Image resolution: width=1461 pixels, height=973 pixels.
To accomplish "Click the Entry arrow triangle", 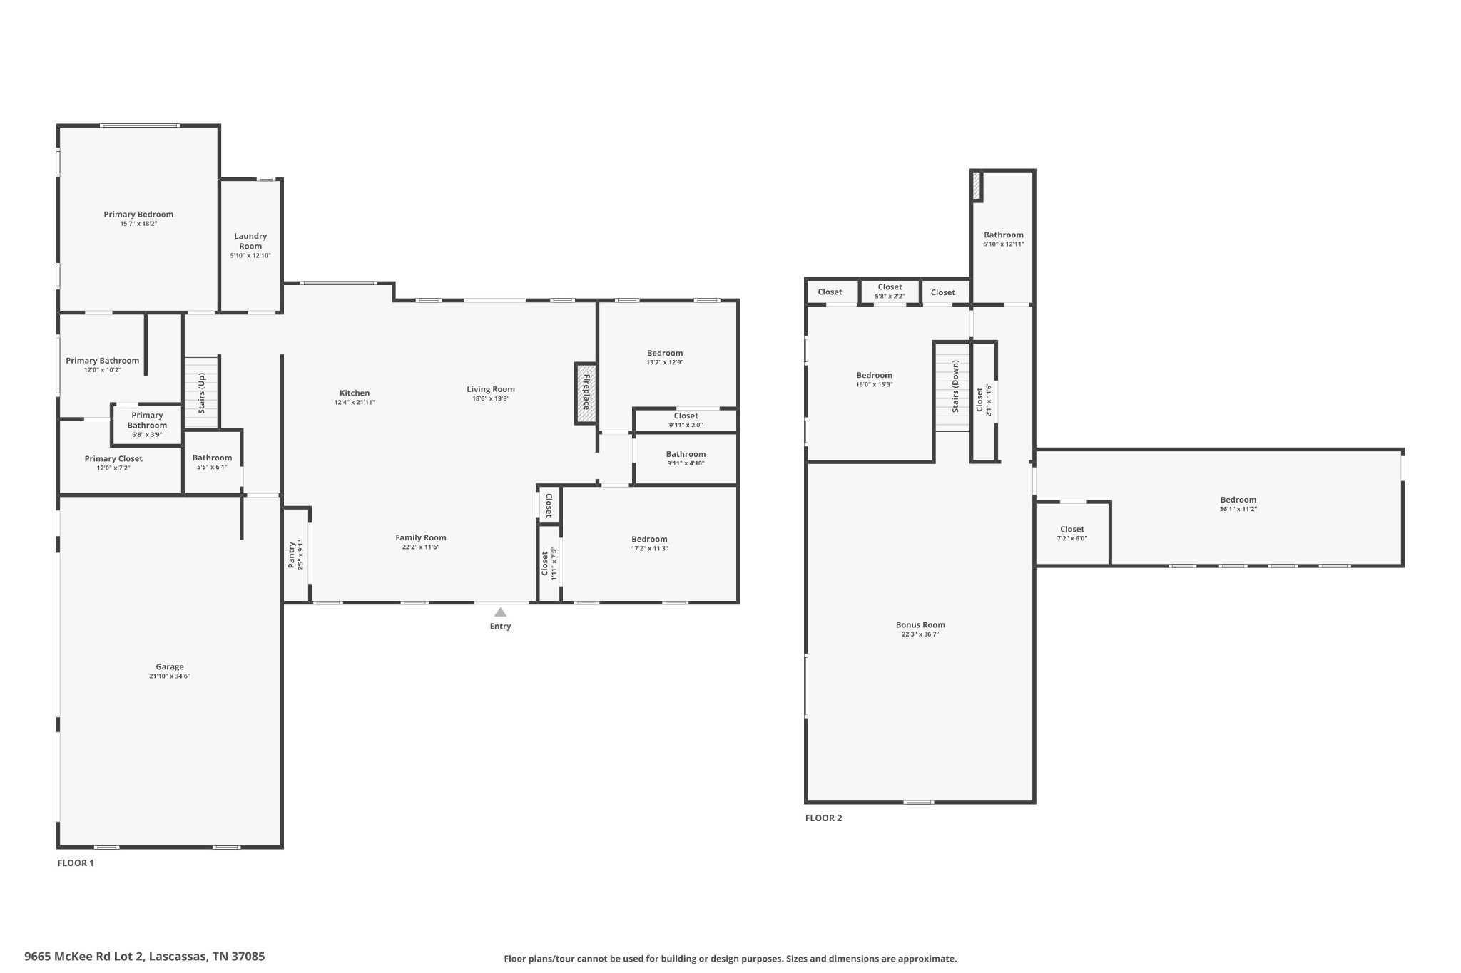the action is [x=501, y=612].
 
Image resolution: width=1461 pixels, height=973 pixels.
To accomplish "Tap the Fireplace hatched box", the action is [x=586, y=393].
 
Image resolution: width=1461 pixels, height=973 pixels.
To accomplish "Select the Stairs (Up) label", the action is [x=202, y=393].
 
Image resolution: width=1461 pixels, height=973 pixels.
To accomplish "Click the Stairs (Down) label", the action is [x=955, y=386].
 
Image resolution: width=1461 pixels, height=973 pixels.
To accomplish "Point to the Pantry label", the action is [x=292, y=555].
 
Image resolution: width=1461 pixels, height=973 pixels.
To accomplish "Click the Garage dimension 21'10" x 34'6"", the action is [x=170, y=676].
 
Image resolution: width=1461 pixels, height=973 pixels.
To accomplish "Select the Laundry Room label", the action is [x=250, y=241].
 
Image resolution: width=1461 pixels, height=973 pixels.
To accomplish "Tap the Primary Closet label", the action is [x=113, y=459].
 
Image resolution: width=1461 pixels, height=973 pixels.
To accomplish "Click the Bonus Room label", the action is [x=920, y=625].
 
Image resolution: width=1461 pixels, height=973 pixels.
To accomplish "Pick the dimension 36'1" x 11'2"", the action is [x=1238, y=509].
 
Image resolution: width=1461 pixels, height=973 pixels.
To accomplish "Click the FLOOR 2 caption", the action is [x=823, y=818].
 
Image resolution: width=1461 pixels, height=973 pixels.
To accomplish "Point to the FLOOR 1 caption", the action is [x=76, y=863].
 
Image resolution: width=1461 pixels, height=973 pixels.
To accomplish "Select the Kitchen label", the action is [x=355, y=393].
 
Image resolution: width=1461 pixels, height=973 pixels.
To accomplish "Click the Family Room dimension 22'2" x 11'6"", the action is [x=421, y=547].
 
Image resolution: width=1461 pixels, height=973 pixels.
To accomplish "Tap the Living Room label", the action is [x=491, y=389].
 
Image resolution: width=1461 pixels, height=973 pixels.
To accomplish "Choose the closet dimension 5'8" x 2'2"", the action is [x=890, y=296].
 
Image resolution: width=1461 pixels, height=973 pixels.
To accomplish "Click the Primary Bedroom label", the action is [x=138, y=215].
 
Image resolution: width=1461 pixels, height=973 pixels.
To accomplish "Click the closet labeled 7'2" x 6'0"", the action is [x=1072, y=533].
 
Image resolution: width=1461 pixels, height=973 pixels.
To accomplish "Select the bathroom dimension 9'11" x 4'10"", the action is [x=686, y=463].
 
